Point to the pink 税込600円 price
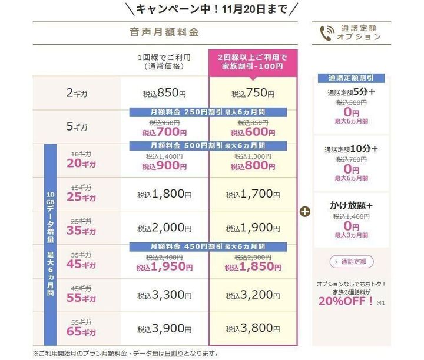tap(253, 134)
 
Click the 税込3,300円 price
tap(164, 295)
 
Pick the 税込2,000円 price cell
tap(164, 228)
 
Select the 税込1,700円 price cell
tap(253, 194)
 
